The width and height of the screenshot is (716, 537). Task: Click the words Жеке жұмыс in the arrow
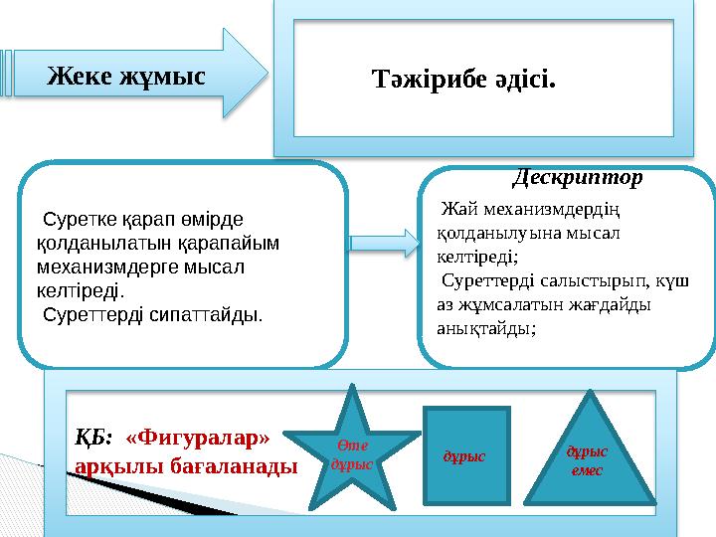tap(127, 76)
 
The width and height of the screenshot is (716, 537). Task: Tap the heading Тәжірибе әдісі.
tap(463, 77)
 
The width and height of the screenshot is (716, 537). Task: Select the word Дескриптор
tap(578, 178)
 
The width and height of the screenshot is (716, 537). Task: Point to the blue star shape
tap(354, 447)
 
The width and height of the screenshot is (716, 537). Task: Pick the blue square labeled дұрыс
tap(465, 453)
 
